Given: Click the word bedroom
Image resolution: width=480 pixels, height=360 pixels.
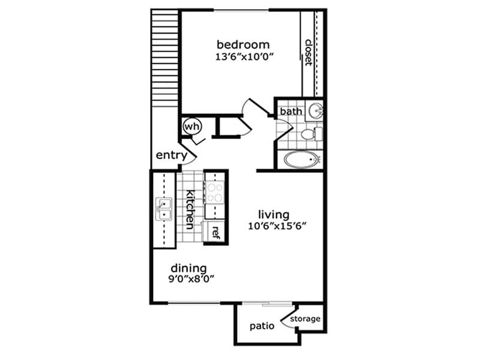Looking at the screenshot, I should (x=243, y=45).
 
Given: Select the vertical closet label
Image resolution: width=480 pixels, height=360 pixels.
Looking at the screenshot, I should (x=308, y=53).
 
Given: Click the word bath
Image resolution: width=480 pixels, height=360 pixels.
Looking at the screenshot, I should (x=291, y=111).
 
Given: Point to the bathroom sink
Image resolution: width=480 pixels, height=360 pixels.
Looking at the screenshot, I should (x=316, y=111).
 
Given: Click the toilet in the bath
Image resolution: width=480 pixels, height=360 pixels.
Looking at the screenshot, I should (x=311, y=133).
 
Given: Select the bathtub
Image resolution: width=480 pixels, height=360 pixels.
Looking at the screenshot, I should (x=302, y=160).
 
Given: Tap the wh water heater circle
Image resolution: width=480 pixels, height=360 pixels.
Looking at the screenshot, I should (x=191, y=127).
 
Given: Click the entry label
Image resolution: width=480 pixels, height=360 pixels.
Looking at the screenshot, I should (x=172, y=155).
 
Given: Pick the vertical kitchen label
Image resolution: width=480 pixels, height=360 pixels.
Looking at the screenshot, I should (x=190, y=209).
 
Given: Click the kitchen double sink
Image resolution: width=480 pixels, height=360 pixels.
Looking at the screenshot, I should (x=163, y=209).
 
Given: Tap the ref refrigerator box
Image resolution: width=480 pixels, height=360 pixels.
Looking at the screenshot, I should (x=215, y=231).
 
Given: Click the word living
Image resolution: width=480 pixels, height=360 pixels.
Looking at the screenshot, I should (x=274, y=214).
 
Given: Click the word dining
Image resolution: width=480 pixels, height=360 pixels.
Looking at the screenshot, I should (x=189, y=268).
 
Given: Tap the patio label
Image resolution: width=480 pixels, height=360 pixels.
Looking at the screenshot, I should (x=262, y=326).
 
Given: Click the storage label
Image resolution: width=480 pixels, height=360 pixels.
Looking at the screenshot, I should (x=305, y=319).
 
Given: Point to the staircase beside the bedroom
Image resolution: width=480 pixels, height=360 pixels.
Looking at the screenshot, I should (x=165, y=57).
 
